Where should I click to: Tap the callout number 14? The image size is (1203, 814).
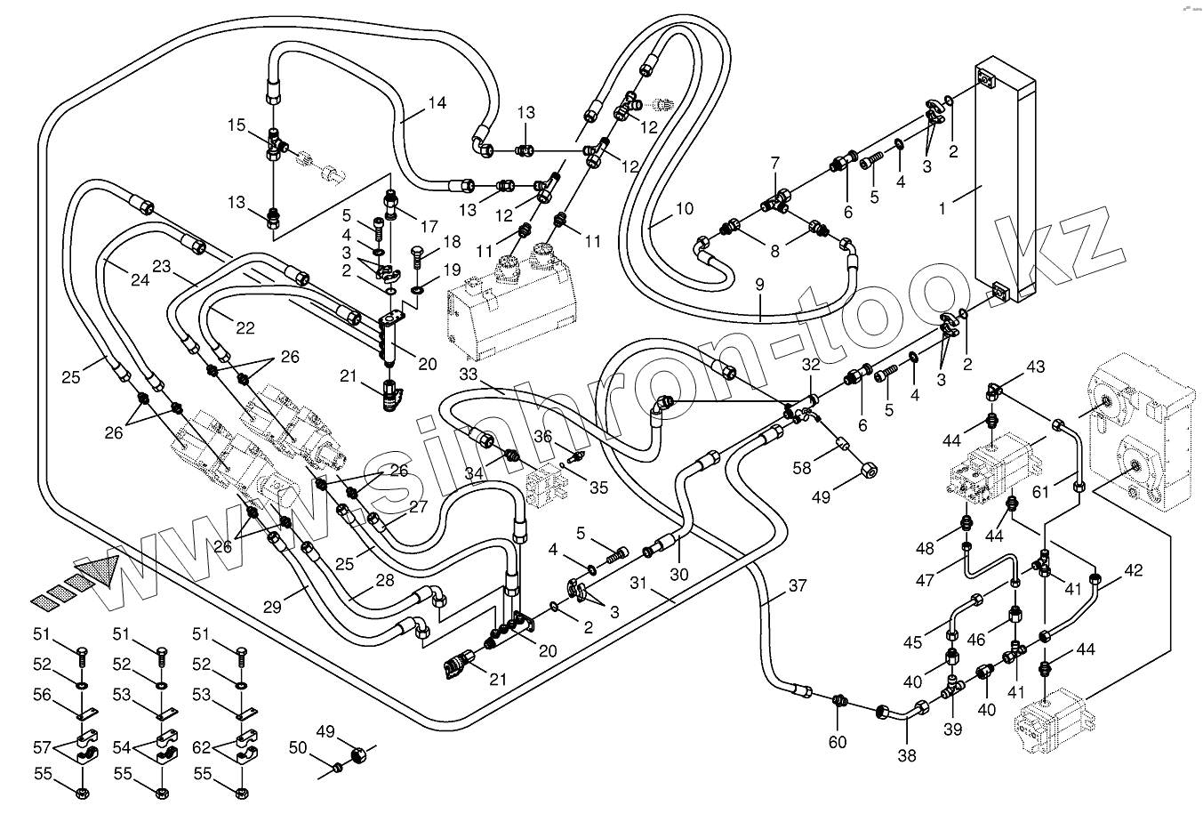436,102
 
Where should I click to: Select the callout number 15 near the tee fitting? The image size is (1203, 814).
236,125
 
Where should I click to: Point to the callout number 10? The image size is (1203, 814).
684,210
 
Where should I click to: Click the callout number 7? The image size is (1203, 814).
774,163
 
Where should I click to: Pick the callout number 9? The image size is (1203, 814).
760,286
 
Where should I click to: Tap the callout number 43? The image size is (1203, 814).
1036,367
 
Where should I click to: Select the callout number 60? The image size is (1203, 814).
838,742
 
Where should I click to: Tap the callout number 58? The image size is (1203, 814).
802,468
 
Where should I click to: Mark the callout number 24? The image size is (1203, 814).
140,280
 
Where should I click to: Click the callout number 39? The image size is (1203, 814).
953,729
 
